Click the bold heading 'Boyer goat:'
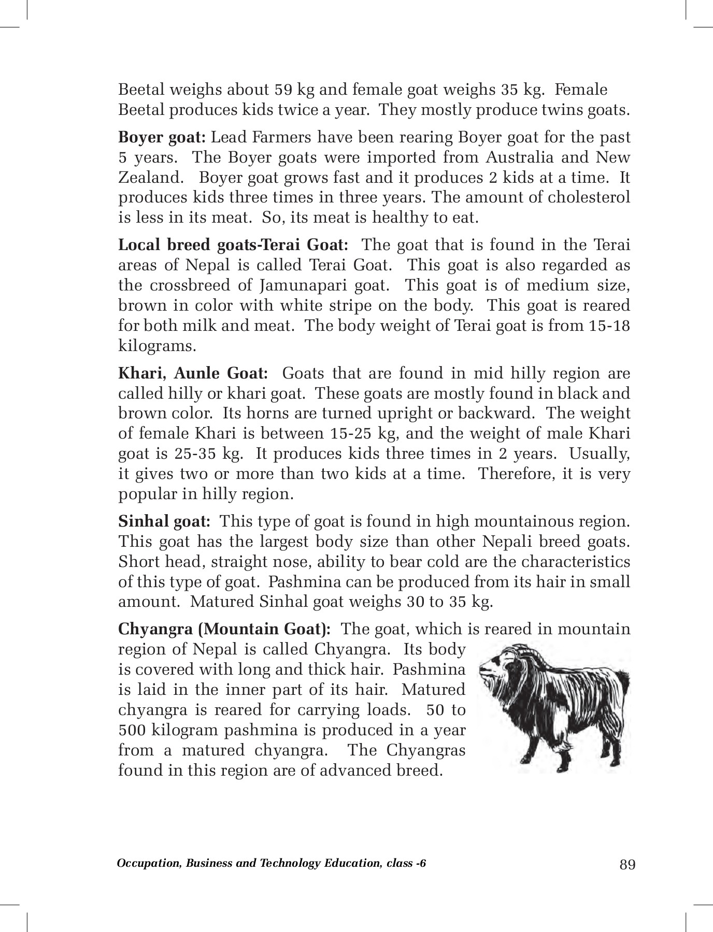(163, 138)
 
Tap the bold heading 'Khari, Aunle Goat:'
(193, 373)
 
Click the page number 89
(628, 865)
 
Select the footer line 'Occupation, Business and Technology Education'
(272, 863)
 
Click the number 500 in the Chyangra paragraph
(134, 730)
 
